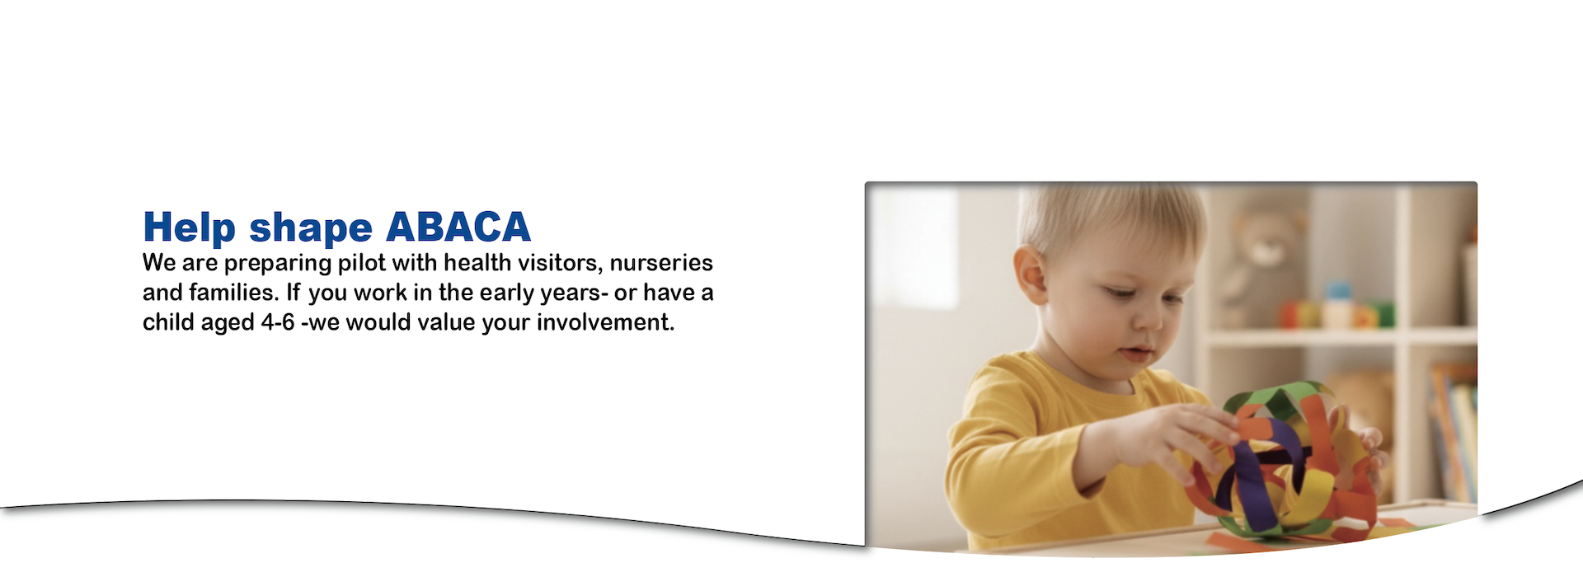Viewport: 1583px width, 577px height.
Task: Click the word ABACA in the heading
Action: tap(458, 227)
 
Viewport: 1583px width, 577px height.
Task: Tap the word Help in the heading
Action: tap(190, 228)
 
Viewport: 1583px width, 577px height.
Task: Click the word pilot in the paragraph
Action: tap(361, 263)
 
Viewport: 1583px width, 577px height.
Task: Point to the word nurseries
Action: tap(661, 263)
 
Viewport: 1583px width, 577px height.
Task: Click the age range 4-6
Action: tap(278, 322)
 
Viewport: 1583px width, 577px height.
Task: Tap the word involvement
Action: tap(605, 322)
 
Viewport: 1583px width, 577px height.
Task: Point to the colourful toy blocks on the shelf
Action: tap(1336, 309)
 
